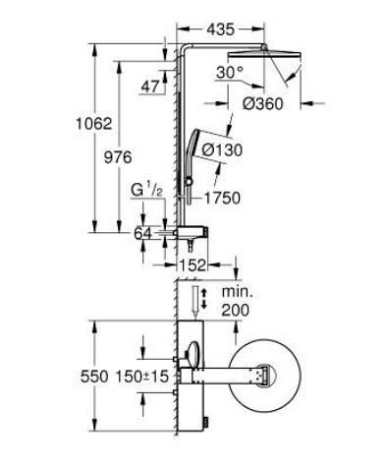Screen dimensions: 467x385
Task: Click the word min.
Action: click(x=237, y=292)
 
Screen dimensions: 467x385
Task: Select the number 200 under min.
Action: click(x=237, y=309)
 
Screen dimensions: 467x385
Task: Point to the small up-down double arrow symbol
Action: click(x=204, y=296)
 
